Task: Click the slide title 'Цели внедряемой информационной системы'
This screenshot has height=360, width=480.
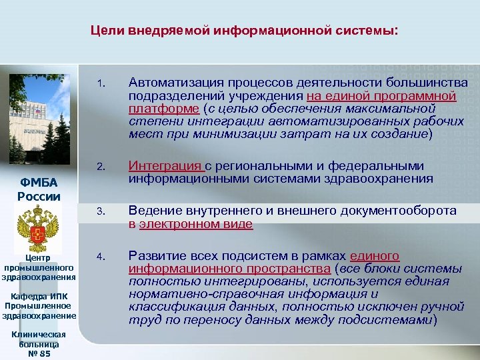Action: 244,31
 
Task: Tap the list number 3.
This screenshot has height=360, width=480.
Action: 99,212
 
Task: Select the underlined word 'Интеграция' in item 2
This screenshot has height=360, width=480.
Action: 165,165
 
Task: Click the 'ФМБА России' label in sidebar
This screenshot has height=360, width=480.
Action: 38,190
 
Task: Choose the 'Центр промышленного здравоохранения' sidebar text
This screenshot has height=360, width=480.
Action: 39,267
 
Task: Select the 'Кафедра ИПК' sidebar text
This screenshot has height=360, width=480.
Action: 39,295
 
